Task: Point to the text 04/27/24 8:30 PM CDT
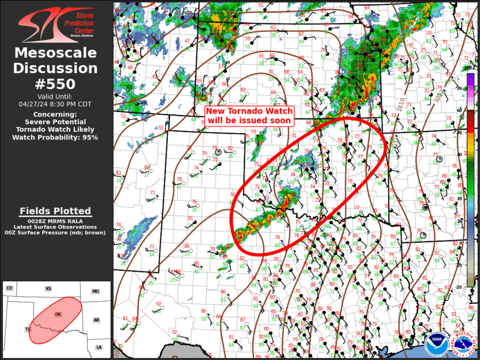(x=55, y=104)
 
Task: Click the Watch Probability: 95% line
(x=55, y=137)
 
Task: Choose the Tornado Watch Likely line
(x=55, y=129)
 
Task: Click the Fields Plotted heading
(x=55, y=211)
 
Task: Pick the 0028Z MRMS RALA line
(x=55, y=220)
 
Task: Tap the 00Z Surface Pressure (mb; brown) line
(x=55, y=233)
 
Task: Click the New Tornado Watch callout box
(x=249, y=115)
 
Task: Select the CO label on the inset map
(x=9, y=288)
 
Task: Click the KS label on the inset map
(x=48, y=289)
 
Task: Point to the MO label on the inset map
(x=95, y=292)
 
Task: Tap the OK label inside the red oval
(x=58, y=315)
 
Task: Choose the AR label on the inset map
(x=96, y=320)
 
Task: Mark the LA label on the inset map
(x=99, y=347)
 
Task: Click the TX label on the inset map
(x=28, y=329)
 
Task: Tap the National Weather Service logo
(x=463, y=345)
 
